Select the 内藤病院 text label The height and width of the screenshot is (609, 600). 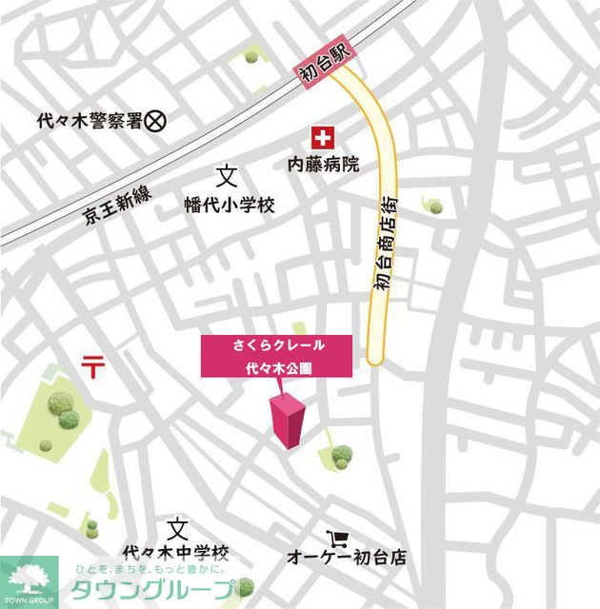[325, 165]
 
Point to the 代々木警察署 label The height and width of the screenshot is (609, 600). [89, 121]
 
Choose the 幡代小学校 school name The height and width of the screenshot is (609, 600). [230, 203]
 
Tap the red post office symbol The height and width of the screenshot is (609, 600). [93, 364]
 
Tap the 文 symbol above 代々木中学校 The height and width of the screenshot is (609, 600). [177, 528]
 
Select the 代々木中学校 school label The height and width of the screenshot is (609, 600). [176, 552]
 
